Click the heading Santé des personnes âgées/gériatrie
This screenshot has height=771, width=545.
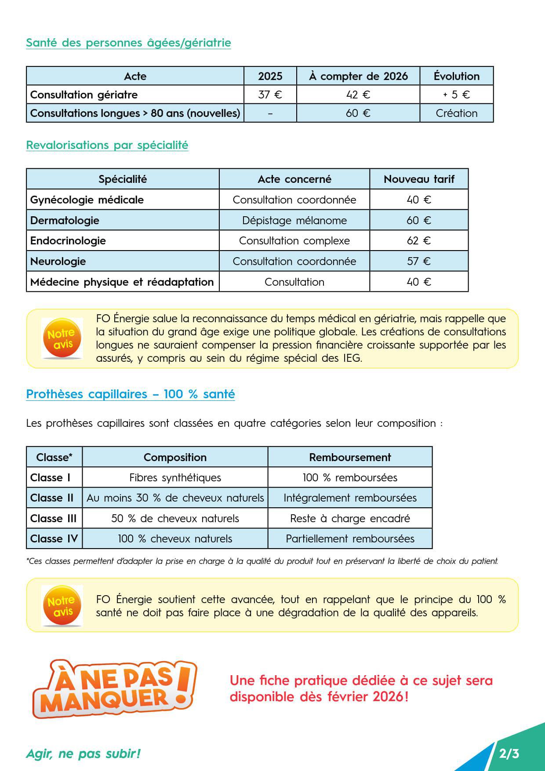pyautogui.click(x=128, y=43)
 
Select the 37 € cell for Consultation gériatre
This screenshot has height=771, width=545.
pyautogui.click(x=270, y=95)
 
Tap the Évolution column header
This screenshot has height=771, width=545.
pyautogui.click(x=456, y=76)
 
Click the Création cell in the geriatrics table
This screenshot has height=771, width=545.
pyautogui.click(x=456, y=113)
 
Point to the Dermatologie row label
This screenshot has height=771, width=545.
pyautogui.click(x=65, y=220)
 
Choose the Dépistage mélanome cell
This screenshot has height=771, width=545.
pyautogui.click(x=294, y=220)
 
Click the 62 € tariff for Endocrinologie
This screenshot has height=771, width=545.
pyautogui.click(x=418, y=240)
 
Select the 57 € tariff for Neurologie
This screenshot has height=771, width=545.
pyautogui.click(x=418, y=261)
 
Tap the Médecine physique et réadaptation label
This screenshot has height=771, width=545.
pyautogui.click(x=122, y=282)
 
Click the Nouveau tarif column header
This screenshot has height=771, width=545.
pyautogui.click(x=418, y=179)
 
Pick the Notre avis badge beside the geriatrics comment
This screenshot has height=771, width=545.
pyautogui.click(x=62, y=338)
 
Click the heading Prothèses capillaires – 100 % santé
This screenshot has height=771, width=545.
pyautogui.click(x=131, y=394)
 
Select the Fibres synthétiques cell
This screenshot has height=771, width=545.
pyautogui.click(x=175, y=477)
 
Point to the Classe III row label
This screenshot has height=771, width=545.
pyautogui.click(x=53, y=518)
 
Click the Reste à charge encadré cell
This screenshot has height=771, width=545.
pyautogui.click(x=350, y=518)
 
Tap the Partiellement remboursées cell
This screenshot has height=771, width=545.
pyautogui.click(x=350, y=538)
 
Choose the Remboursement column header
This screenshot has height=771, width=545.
pyautogui.click(x=350, y=457)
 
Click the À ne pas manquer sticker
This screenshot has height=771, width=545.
pyautogui.click(x=114, y=688)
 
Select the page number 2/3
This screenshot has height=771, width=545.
pyautogui.click(x=509, y=754)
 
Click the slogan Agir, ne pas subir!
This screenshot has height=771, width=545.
pyautogui.click(x=84, y=753)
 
